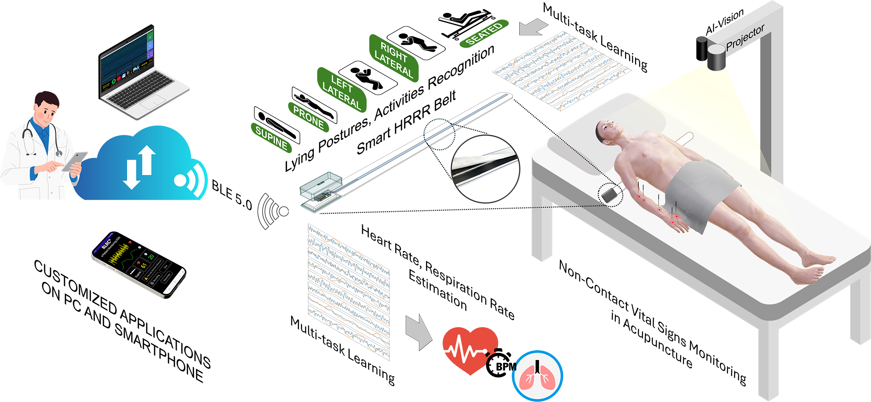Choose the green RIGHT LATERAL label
(393, 59)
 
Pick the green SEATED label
(484, 33)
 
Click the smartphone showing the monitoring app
(139, 264)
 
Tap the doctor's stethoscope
(41, 137)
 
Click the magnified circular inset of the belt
(485, 169)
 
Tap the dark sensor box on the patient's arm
(609, 195)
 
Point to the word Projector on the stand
(745, 38)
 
